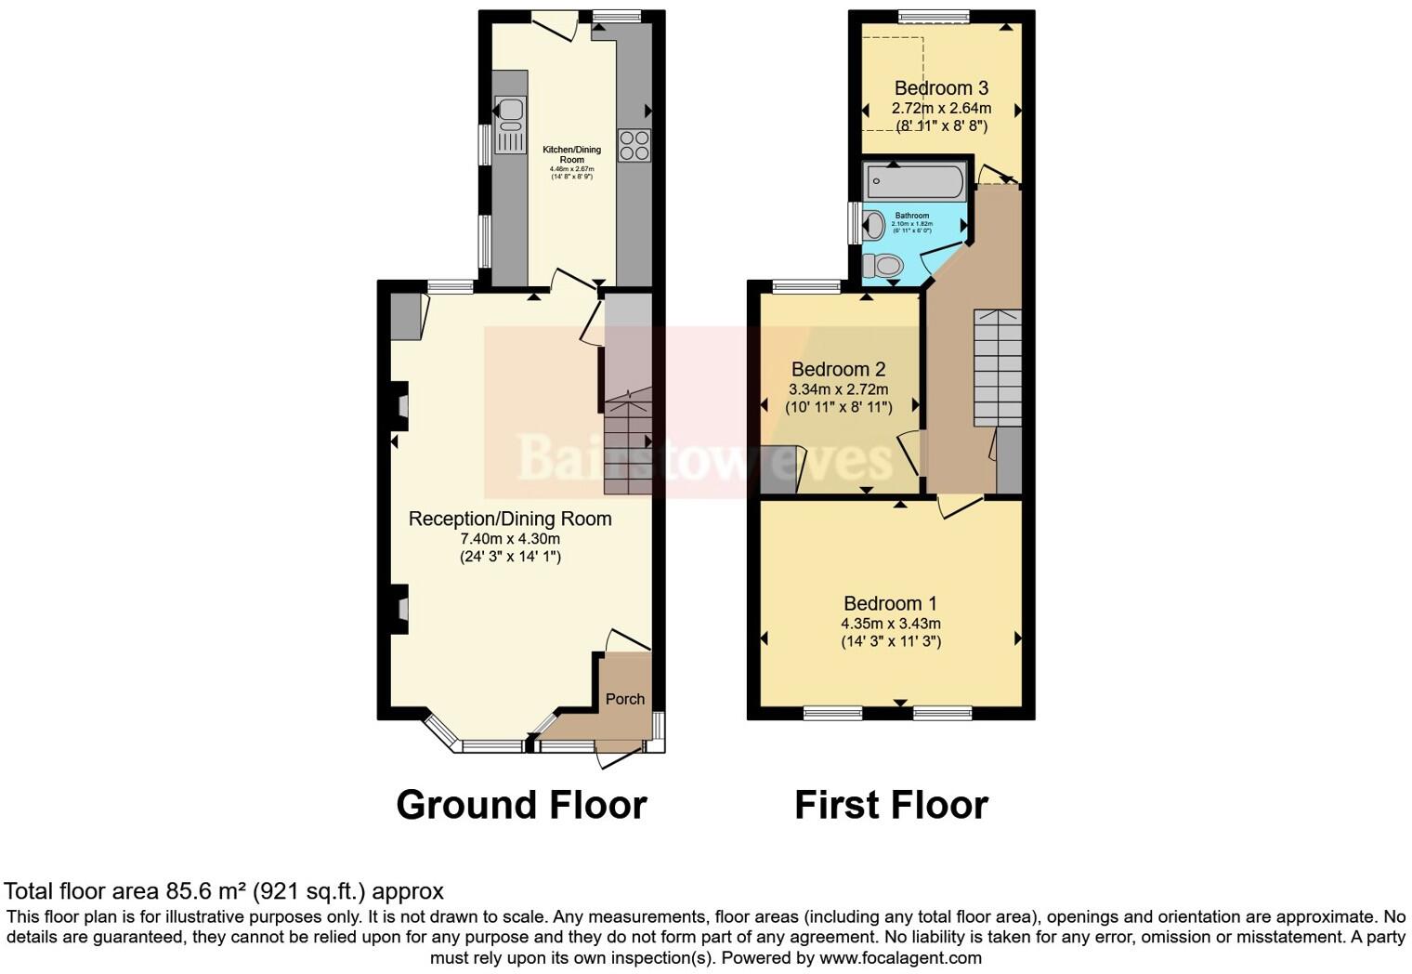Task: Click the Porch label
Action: click(x=624, y=699)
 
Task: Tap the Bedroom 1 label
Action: click(x=890, y=603)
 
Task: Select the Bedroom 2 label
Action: click(x=838, y=369)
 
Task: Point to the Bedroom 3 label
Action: click(x=940, y=88)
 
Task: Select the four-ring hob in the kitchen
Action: click(x=634, y=145)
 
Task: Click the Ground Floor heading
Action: click(x=521, y=805)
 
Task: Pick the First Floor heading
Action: click(x=891, y=805)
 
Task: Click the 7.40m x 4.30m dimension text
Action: click(x=510, y=539)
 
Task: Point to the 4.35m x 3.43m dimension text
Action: click(x=890, y=624)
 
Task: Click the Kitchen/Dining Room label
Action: click(x=571, y=154)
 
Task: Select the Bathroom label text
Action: click(x=911, y=216)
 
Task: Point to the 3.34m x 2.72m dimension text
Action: click(x=838, y=389)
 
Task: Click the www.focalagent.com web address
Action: click(x=899, y=957)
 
